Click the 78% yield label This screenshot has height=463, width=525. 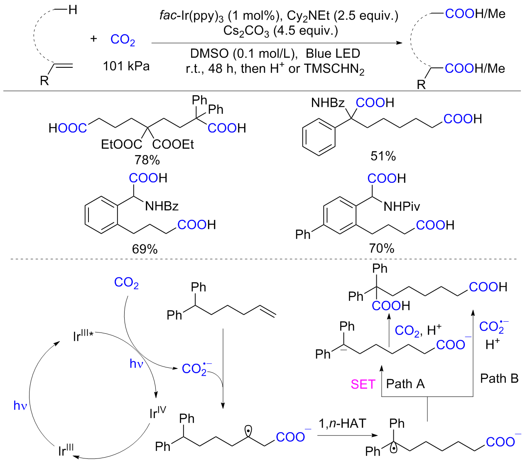coord(147,160)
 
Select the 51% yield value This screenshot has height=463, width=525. coord(383,156)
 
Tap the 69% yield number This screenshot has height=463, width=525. coord(145,249)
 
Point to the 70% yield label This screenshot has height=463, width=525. coord(381,249)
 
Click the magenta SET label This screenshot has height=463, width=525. coord(363,384)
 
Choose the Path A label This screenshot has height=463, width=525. coord(405,384)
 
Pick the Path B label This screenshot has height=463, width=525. coord(499,378)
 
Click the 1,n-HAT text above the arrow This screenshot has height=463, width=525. coord(342,424)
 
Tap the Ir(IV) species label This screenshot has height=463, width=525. coord(157,413)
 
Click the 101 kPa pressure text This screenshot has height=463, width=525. coord(126,66)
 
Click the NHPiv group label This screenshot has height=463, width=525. coord(402,206)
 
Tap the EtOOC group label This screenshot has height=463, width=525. coord(121,145)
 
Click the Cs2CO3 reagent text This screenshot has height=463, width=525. coord(246,31)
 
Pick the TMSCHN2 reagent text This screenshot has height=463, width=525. coord(334,69)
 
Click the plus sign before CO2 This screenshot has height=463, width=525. coord(93,39)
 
